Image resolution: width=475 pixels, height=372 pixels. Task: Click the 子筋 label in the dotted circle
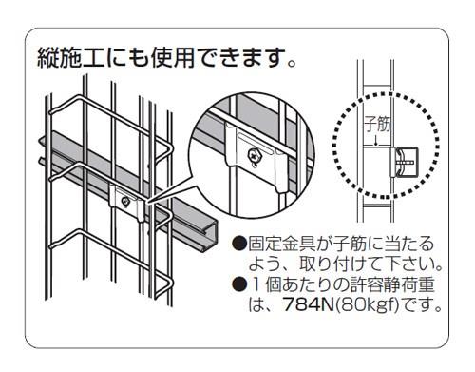point(377,124)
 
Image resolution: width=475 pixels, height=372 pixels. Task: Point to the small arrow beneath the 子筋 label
point(376,140)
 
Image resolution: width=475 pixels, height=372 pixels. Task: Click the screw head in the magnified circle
point(254,154)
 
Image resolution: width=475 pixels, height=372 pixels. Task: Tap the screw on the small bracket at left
point(125,202)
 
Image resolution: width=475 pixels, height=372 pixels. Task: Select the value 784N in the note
point(309,304)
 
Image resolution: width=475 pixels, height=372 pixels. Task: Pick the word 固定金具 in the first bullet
point(282,244)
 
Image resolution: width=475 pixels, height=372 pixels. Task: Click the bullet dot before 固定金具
point(239,244)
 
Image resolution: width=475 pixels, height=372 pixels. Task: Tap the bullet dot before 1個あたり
point(239,284)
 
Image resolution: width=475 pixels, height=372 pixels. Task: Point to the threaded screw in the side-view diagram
point(407,162)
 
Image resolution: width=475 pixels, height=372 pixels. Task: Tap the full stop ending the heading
point(292,64)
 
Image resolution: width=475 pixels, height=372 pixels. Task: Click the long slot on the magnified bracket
point(256,143)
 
